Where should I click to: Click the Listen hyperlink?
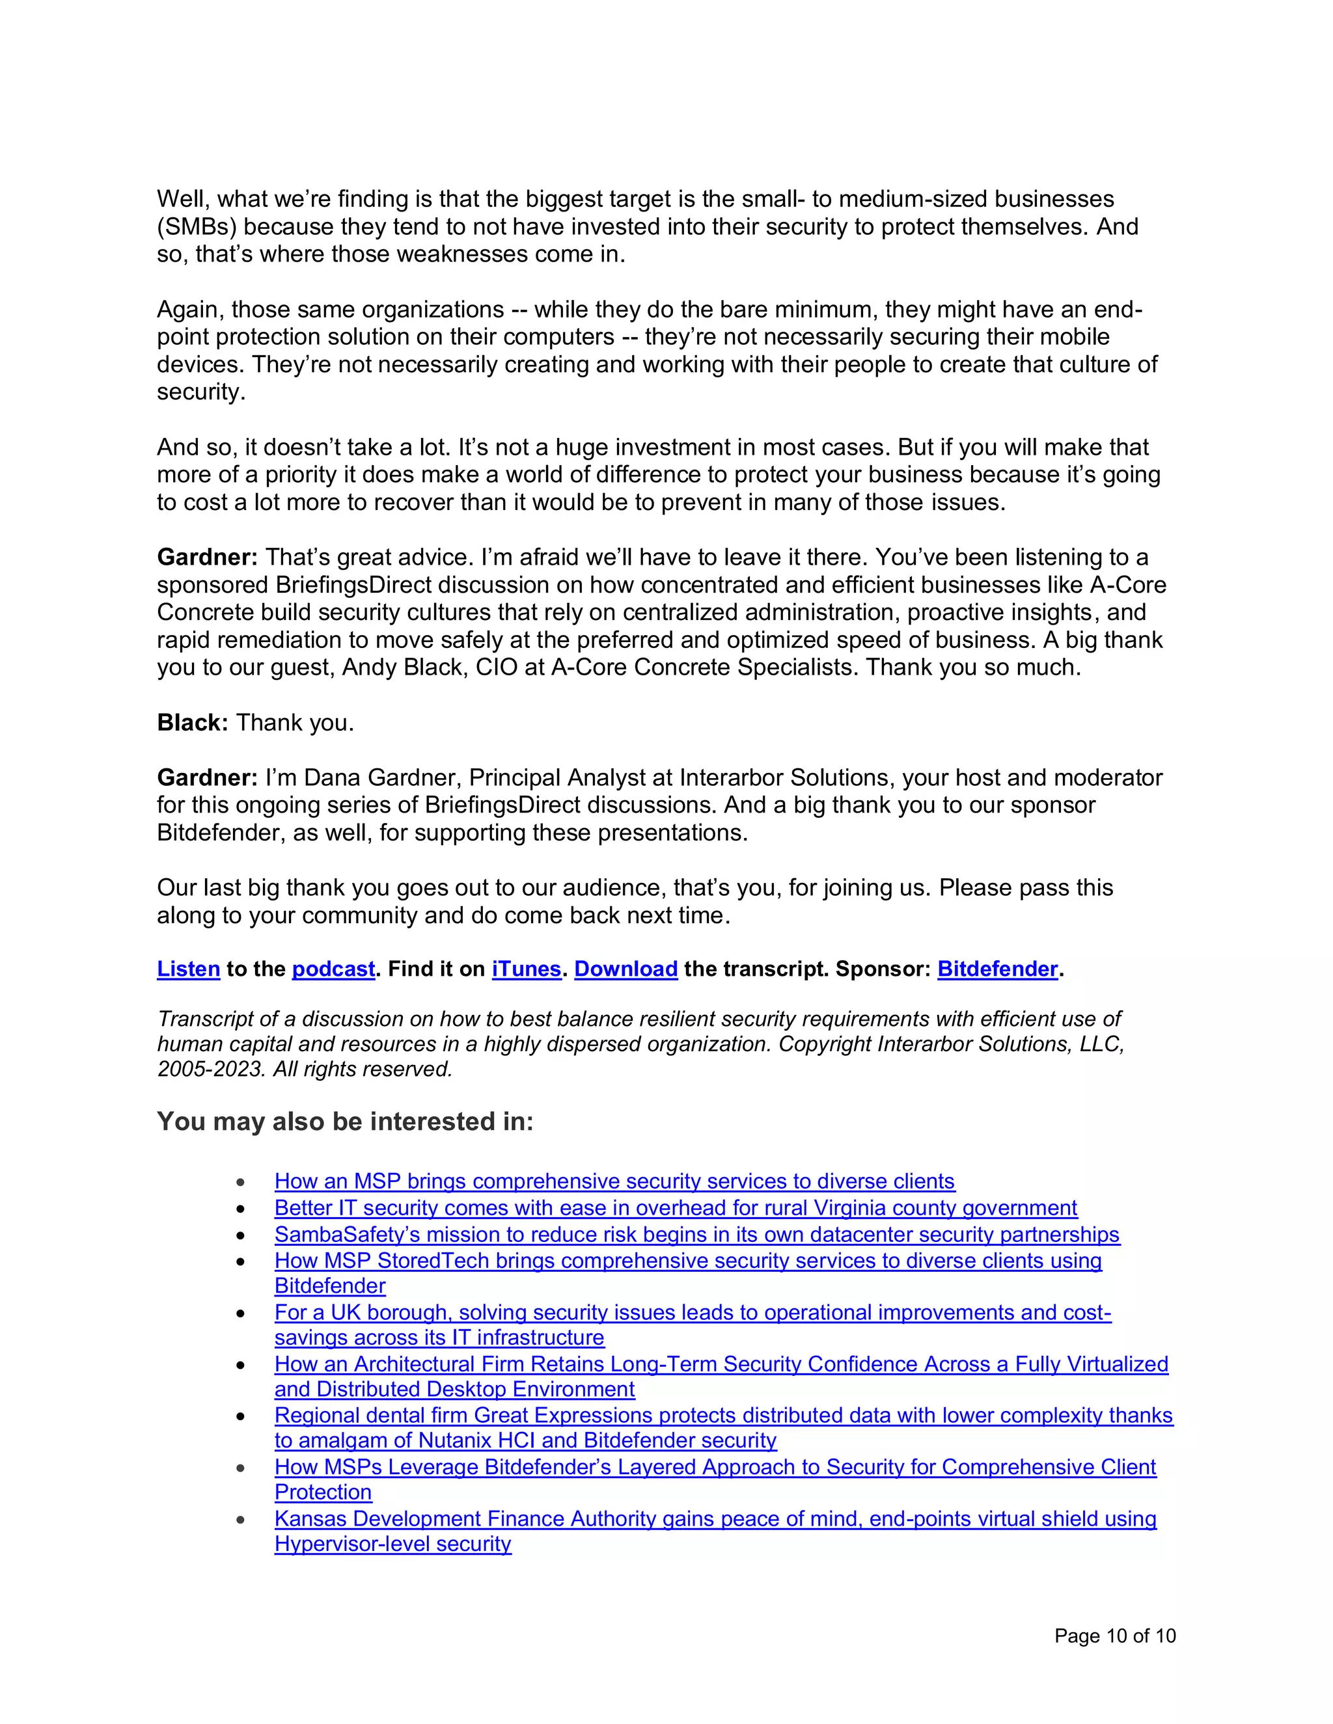point(188,969)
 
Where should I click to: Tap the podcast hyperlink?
point(333,969)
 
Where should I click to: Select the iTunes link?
point(526,969)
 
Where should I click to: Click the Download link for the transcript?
point(625,969)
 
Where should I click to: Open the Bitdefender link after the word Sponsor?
point(996,969)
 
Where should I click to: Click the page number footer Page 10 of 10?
point(1114,1636)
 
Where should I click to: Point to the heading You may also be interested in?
point(345,1122)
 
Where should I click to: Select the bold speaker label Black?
point(193,723)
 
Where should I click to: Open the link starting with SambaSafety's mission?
point(696,1235)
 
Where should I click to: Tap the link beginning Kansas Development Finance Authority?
point(715,1519)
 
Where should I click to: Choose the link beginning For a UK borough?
point(692,1313)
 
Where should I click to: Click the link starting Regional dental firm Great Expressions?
point(722,1416)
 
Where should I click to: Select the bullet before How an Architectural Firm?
point(241,1365)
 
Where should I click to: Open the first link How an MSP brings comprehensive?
point(614,1181)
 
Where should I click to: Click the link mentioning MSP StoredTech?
point(687,1261)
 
